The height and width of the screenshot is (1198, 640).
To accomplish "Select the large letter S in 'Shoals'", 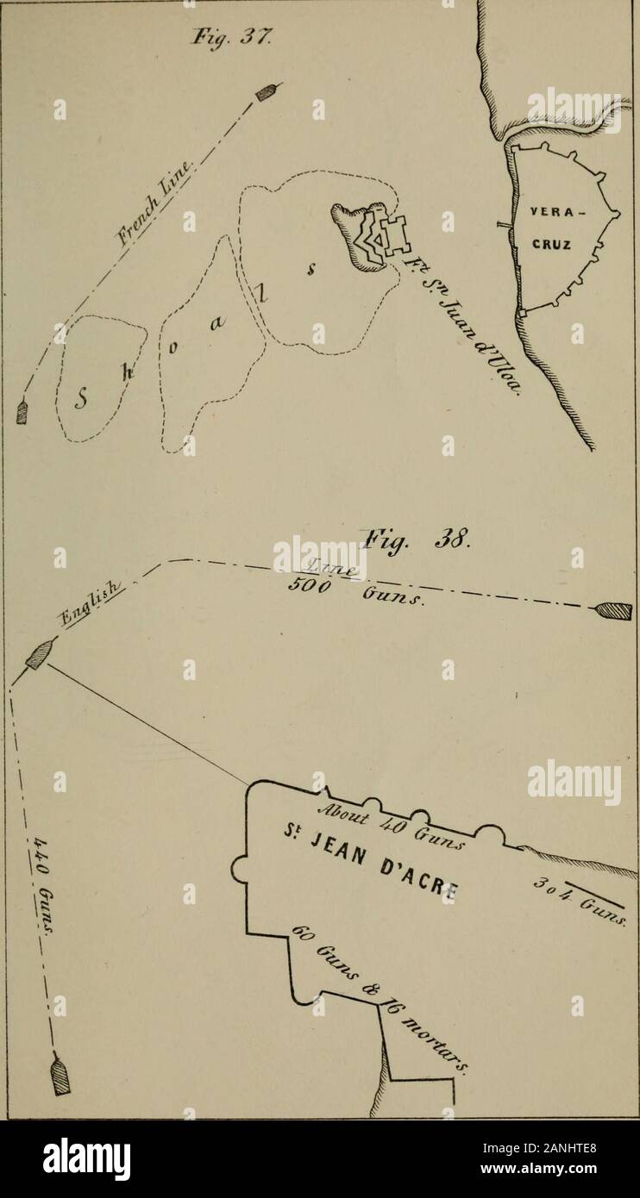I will point(84,398).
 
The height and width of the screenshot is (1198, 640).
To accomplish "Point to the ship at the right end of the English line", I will point(613,612).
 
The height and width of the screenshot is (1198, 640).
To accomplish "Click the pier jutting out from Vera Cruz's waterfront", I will point(505,227).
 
